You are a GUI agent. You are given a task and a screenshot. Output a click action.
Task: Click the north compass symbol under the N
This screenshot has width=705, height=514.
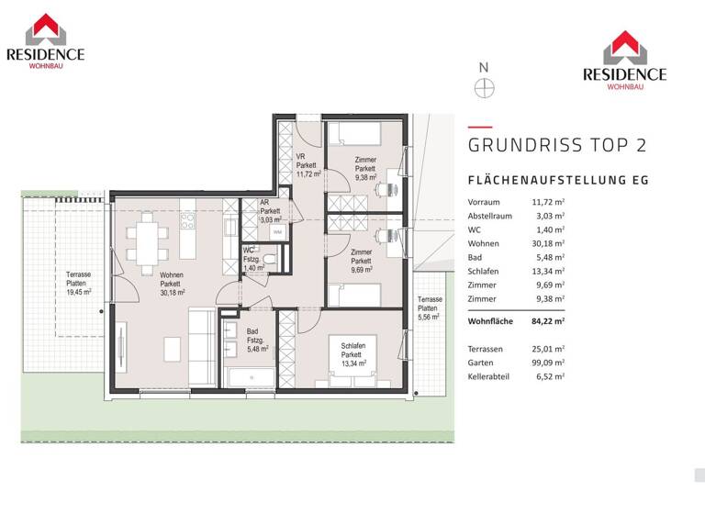tap(485, 88)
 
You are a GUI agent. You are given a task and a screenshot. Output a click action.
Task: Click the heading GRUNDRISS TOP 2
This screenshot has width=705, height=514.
tap(557, 145)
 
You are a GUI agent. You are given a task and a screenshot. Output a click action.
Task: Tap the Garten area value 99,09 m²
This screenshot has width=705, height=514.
tap(549, 362)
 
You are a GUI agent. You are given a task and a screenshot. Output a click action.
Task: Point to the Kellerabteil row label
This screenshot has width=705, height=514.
tap(491, 376)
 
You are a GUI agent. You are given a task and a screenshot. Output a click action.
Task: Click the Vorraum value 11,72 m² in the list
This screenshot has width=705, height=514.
tap(548, 201)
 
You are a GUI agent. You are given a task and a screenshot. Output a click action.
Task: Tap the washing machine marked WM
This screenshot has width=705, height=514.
tap(276, 233)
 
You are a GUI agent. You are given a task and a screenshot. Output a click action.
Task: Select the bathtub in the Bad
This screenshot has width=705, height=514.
tap(250, 378)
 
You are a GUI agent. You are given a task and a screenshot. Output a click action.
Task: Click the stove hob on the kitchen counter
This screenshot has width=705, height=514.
tap(187, 221)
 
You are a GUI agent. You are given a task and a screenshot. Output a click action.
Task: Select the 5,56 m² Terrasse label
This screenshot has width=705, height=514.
tap(430, 309)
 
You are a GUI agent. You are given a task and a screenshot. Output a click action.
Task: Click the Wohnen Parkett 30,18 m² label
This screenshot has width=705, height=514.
tap(172, 284)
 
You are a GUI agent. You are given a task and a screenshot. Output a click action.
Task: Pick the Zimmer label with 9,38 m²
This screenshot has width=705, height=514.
tap(364, 170)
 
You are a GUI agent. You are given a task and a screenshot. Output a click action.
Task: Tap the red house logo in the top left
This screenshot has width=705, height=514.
tap(45, 29)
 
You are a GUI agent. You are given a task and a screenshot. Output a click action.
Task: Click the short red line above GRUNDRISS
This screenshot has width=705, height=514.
tap(479, 127)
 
